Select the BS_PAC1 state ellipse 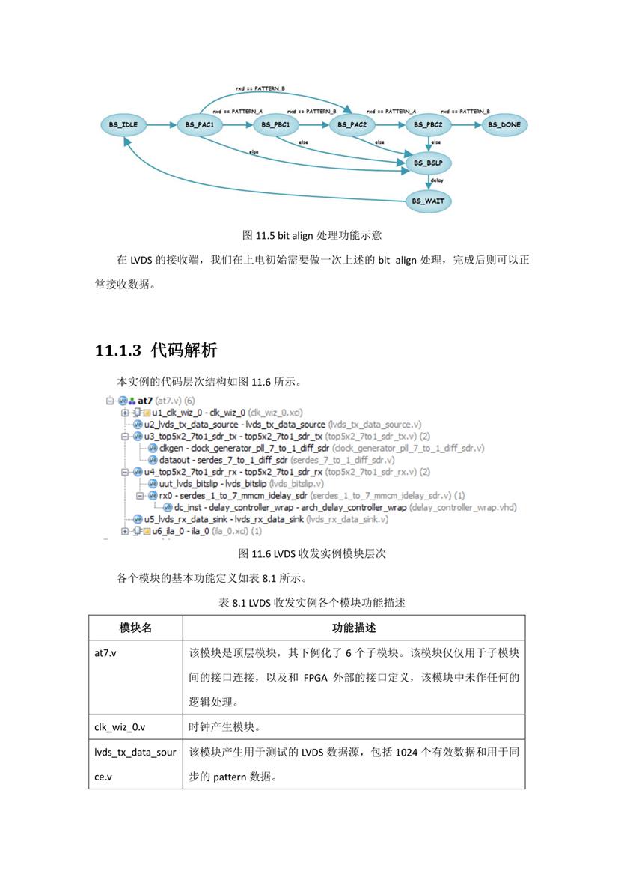[x=200, y=124]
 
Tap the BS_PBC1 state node [x=277, y=124]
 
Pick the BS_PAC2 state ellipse [x=352, y=124]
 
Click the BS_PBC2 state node [x=429, y=124]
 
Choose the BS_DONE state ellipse [x=506, y=124]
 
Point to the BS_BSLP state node [x=429, y=162]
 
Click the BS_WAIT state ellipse [x=429, y=201]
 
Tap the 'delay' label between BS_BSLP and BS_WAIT [x=437, y=181]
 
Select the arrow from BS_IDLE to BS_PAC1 [x=162, y=124]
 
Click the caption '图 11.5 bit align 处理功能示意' [x=312, y=235]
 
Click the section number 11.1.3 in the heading [x=118, y=350]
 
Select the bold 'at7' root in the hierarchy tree [x=145, y=401]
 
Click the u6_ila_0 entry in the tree [x=168, y=531]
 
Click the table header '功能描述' [x=353, y=628]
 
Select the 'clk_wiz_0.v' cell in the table [x=120, y=726]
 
